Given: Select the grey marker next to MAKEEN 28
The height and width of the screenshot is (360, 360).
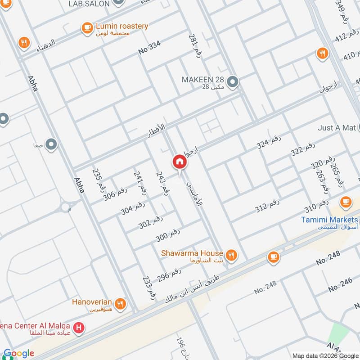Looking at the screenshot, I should coord(233,82).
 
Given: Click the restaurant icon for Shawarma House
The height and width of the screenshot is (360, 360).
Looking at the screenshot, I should coord(231,255).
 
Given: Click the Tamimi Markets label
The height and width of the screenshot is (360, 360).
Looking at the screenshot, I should coord(329,220).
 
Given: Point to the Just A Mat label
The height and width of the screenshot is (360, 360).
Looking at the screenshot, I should coord(337,128).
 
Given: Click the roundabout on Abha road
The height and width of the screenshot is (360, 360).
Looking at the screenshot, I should coord(66,207).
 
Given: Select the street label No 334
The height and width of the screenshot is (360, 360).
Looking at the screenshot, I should coord(149,51).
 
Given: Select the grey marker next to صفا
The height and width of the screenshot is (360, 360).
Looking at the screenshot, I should coord(52,145).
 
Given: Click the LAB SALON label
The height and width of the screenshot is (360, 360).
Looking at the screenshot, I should coord(89,4).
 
